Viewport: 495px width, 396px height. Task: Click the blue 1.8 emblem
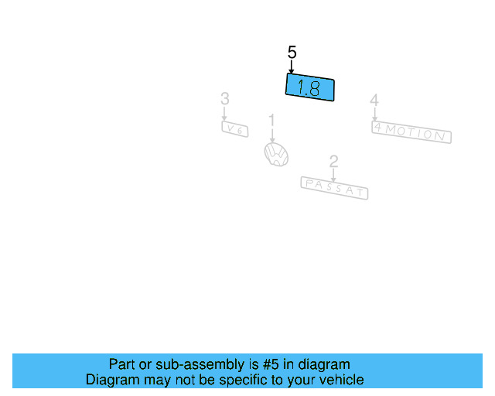[x=310, y=87]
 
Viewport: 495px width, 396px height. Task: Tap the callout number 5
[x=292, y=53]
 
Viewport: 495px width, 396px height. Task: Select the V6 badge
[x=235, y=129]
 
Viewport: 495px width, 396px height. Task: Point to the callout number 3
[x=224, y=99]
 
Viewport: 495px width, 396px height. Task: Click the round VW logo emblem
[x=276, y=154]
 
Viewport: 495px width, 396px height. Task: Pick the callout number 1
[x=271, y=120]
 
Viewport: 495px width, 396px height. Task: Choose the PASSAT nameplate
[x=334, y=187]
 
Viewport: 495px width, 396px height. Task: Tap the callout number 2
[x=333, y=162]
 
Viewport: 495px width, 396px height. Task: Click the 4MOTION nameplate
[x=411, y=133]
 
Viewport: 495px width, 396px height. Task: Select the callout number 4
[x=374, y=101]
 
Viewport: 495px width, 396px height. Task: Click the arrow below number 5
[x=292, y=67]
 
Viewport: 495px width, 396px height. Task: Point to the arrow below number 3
[x=224, y=114]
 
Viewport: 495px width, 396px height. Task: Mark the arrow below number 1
[x=271, y=135]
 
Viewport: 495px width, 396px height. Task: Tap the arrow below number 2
[x=333, y=176]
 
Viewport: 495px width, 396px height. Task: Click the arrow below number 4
[x=374, y=114]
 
